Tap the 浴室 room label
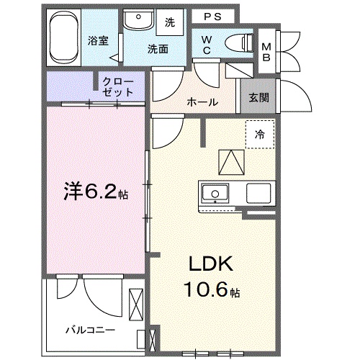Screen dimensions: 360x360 pyautogui.click(x=99, y=41)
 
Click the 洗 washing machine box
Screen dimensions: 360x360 pyautogui.click(x=170, y=22)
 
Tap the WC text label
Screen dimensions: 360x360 pyautogui.click(x=206, y=44)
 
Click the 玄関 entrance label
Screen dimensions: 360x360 pyautogui.click(x=259, y=98)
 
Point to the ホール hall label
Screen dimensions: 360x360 pyautogui.click(x=202, y=102)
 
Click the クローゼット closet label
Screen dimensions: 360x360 pyautogui.click(x=117, y=86)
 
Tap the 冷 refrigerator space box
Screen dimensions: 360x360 pyautogui.click(x=258, y=134)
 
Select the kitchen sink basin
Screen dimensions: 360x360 pyautogui.click(x=215, y=194)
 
